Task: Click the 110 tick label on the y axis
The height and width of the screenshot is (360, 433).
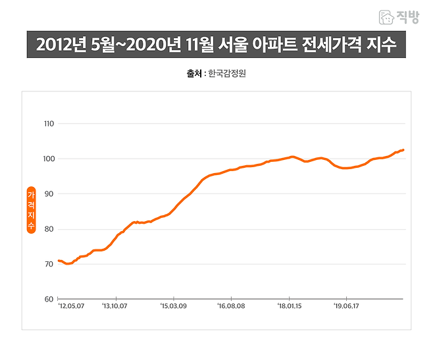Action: coord(48,124)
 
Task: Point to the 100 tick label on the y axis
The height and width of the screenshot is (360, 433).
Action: coord(48,159)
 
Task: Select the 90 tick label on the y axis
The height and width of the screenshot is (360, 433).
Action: coord(48,194)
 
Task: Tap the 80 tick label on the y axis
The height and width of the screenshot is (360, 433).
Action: coord(48,229)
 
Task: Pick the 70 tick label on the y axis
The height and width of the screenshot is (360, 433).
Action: coord(48,265)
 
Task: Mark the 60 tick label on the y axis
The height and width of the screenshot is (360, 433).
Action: coord(48,299)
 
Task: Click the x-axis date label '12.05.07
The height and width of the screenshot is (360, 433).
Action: coord(70,306)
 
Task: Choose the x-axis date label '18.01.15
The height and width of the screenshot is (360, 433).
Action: coord(290,306)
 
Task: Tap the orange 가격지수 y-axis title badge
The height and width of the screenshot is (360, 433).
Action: coord(30,211)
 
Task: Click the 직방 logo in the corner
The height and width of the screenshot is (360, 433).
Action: coord(399,18)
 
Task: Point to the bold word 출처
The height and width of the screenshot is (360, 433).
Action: coord(194,74)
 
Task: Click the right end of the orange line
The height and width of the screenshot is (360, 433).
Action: coord(403,150)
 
